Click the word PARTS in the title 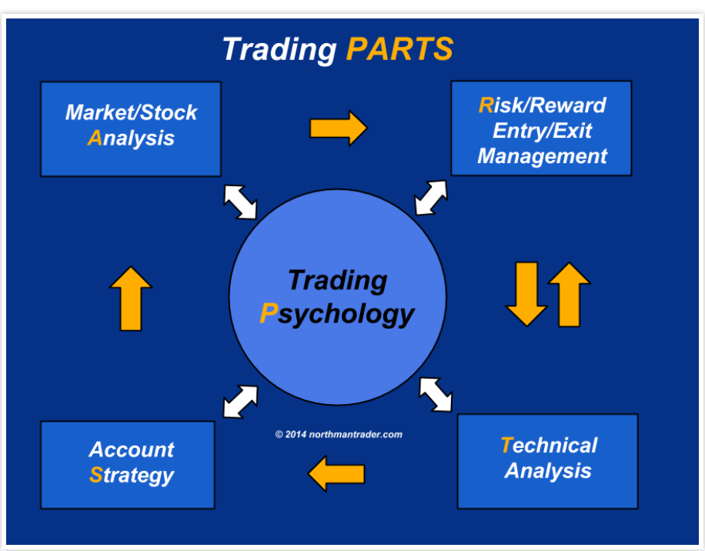pos(399,49)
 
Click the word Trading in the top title pos(279,49)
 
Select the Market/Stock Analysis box pos(131,129)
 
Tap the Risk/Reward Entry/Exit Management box pos(541,129)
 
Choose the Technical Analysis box pos(547,460)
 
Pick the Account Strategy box pos(128,464)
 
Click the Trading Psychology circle pos(338,296)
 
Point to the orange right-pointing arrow pos(338,128)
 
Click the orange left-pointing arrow pos(336,473)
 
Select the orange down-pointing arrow pos(526,293)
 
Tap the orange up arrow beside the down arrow pos(569,293)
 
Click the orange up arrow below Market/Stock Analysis pos(131,299)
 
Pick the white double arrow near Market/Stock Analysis pos(240,202)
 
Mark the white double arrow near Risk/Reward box pos(431,197)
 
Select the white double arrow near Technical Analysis pos(436,393)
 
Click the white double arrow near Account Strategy pos(240,401)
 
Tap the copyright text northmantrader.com pos(339,434)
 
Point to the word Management pos(542,156)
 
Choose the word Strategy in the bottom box pos(132,475)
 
